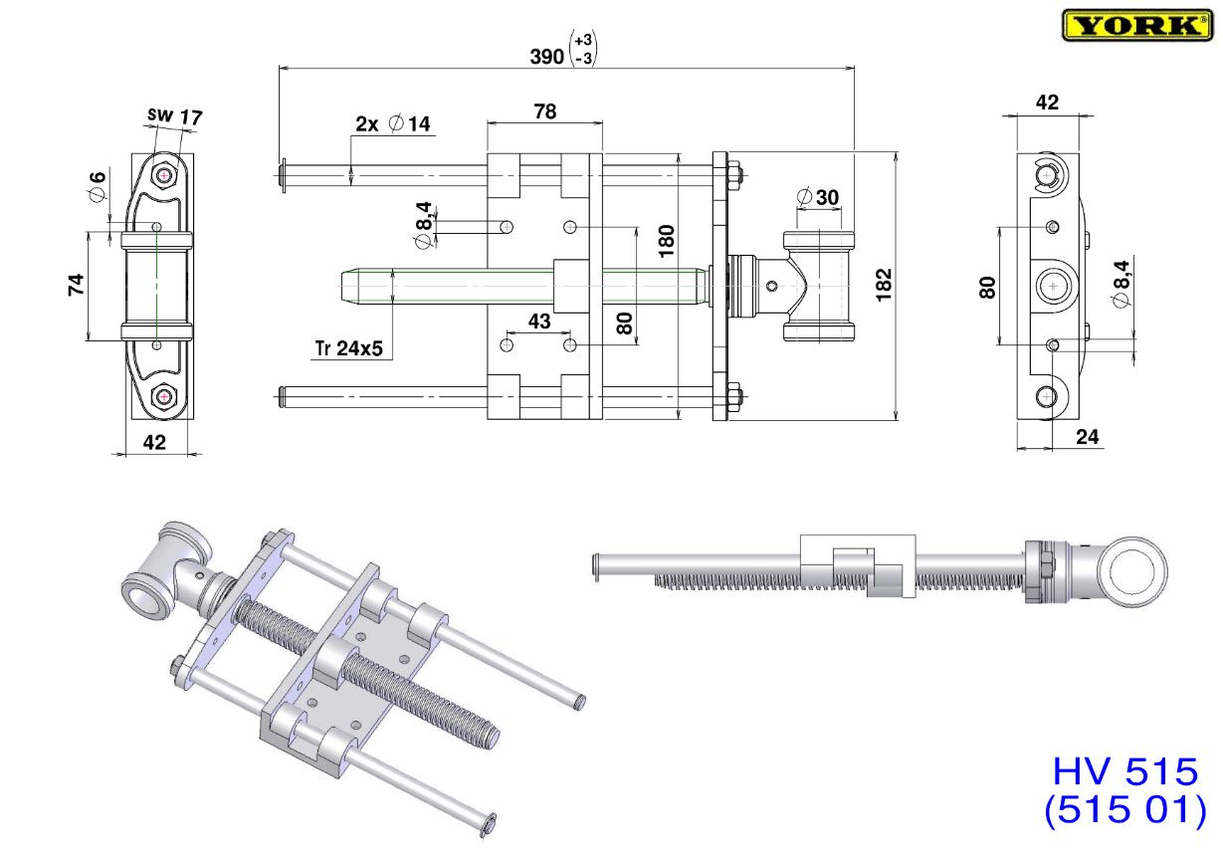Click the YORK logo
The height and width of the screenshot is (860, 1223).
click(1136, 25)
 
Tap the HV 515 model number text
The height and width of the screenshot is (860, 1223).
click(1125, 772)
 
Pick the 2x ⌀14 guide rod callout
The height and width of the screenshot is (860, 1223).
click(392, 124)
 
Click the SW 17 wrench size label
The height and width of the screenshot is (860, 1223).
click(174, 116)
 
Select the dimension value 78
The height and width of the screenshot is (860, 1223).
click(544, 112)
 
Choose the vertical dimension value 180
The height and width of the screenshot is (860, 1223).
click(667, 239)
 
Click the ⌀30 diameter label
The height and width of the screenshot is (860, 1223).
click(817, 197)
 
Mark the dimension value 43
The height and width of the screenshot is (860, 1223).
click(538, 322)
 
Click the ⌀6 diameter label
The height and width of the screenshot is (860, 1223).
click(97, 186)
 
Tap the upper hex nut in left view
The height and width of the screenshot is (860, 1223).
click(162, 176)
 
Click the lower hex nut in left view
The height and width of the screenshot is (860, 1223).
click(162, 397)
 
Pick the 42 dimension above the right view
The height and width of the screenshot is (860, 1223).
click(1047, 102)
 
